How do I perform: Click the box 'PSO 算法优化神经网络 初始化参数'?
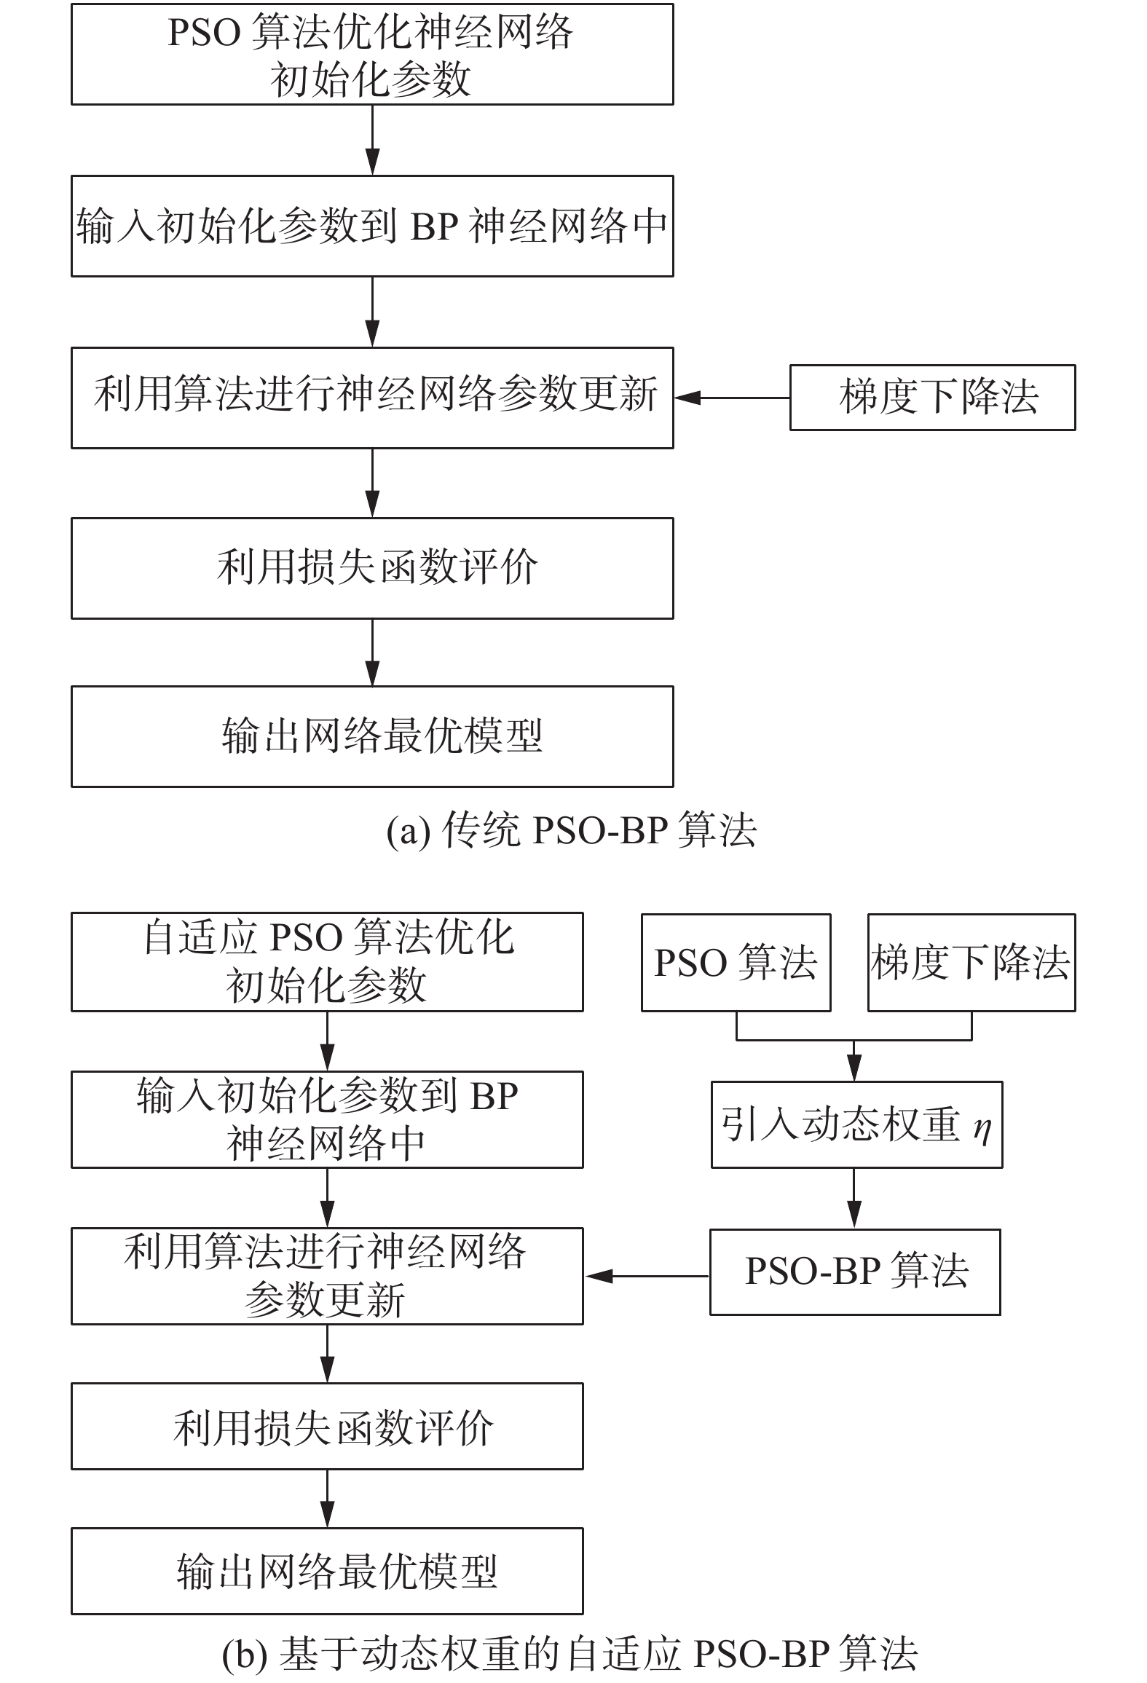coord(371,55)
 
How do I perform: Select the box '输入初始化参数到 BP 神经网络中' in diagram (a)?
coord(371,226)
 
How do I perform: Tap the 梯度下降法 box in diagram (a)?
coord(932,398)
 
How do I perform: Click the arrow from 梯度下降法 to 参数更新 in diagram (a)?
coord(731,398)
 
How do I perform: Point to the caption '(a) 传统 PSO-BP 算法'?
coord(572,830)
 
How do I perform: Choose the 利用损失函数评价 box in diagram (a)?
coord(371,568)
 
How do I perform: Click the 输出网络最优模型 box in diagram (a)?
coord(371,736)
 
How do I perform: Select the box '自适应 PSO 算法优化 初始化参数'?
coord(327,962)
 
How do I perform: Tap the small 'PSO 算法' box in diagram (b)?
coord(736,963)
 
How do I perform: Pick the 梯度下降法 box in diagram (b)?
coord(971,963)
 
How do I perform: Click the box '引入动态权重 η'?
coord(856,1124)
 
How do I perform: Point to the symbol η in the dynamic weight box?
coord(982,1127)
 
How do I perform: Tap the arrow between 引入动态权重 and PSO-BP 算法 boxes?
coord(855,1198)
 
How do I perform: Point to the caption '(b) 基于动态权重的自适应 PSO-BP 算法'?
coord(570,1654)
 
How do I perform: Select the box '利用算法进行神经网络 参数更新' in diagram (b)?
coord(327,1276)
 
